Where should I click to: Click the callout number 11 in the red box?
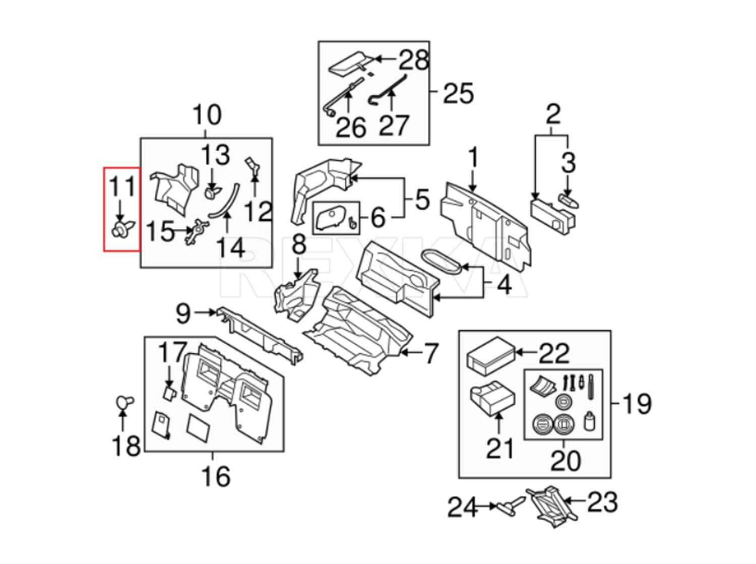click(122, 187)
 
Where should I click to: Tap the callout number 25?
click(458, 93)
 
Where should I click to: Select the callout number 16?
click(216, 476)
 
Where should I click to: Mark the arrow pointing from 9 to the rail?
click(205, 312)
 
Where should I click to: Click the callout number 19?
click(637, 404)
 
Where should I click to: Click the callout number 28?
click(414, 60)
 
